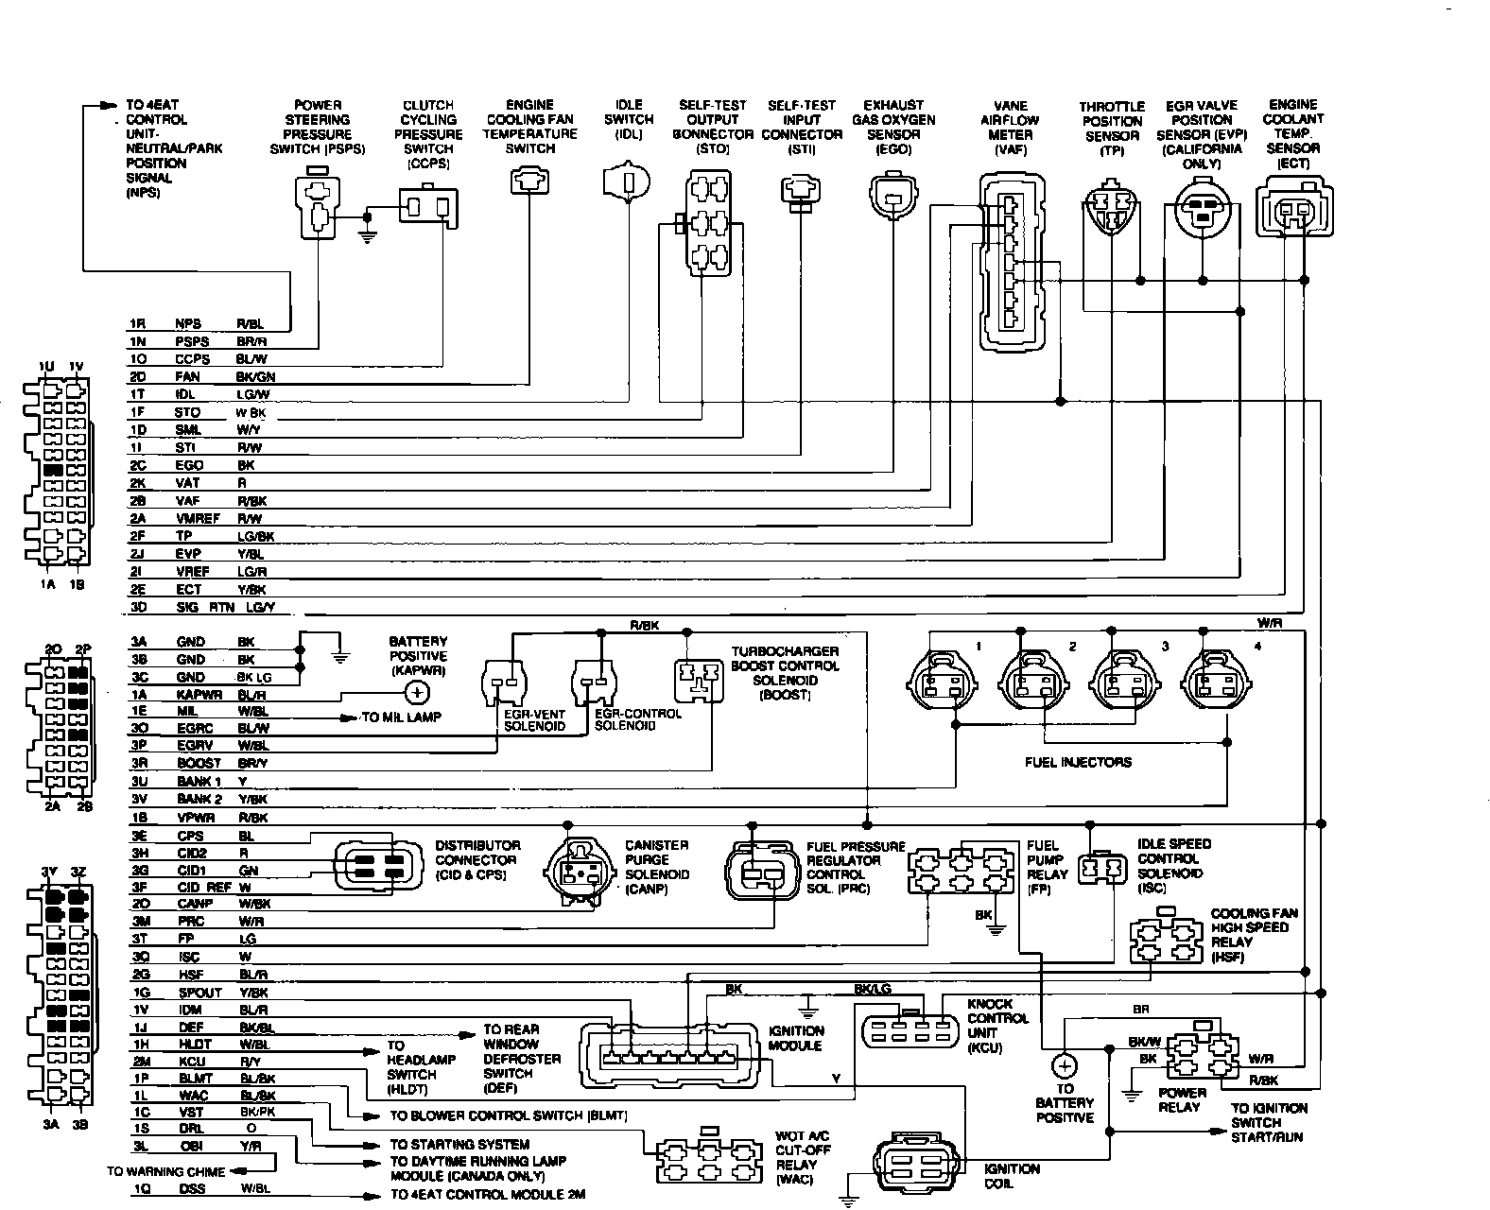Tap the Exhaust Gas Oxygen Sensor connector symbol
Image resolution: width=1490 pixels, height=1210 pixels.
click(892, 196)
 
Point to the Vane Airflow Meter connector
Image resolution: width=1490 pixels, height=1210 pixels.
click(1011, 262)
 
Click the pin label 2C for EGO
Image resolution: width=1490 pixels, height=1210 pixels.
click(138, 466)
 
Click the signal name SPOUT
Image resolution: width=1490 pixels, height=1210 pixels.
click(199, 993)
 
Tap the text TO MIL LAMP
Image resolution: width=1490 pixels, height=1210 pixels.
click(403, 718)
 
